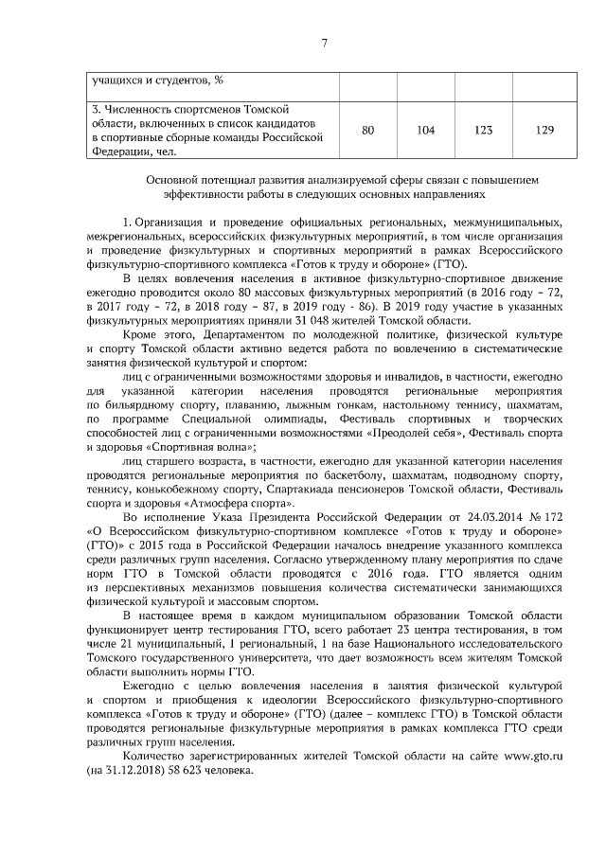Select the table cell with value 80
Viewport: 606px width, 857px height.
[x=368, y=130]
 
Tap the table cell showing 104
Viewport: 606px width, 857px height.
[x=425, y=130]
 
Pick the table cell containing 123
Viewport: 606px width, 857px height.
[x=484, y=130]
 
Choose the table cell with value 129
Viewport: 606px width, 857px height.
[x=544, y=130]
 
